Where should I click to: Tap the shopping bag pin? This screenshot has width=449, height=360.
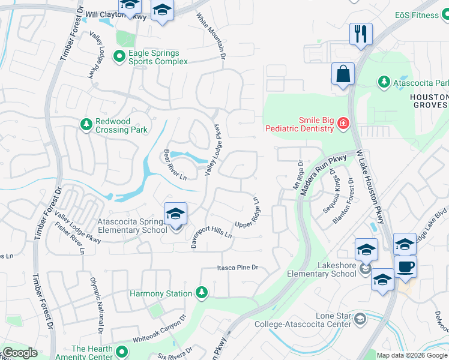343,74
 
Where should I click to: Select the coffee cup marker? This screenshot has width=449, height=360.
405,266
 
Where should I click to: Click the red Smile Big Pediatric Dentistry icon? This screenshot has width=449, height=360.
343,124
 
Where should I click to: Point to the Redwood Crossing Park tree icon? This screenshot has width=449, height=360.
86,124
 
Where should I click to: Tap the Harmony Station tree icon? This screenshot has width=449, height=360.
202,293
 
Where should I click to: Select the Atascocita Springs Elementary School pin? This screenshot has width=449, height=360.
175,214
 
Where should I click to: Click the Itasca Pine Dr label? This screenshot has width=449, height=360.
238,268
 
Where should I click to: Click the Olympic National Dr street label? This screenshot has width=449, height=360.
96,306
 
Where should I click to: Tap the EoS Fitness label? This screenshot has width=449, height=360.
417,15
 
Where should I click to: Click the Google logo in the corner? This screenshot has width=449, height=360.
20,353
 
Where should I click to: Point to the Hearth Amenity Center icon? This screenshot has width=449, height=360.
122,352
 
